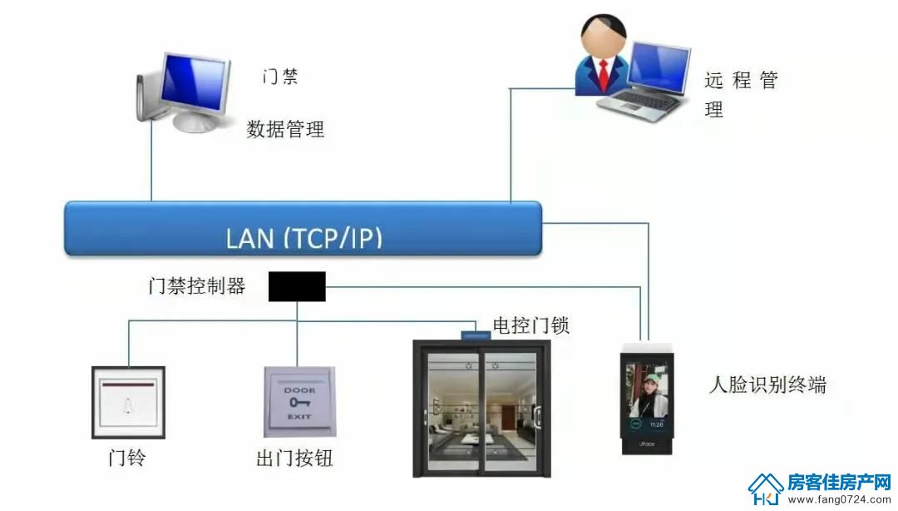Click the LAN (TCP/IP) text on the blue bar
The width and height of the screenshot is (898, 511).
(304, 238)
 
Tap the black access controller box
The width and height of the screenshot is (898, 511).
(297, 286)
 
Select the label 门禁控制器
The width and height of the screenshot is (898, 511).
(196, 285)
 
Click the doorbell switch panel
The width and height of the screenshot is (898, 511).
(128, 403)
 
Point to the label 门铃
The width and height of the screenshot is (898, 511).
(127, 457)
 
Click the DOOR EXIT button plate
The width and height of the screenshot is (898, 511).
(299, 402)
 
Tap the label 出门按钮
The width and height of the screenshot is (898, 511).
(294, 458)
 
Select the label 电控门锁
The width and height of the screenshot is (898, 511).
(530, 325)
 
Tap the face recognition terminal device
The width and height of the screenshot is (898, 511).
(647, 399)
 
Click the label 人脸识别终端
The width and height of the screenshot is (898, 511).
(767, 384)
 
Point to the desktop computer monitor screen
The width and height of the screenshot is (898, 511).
(194, 83)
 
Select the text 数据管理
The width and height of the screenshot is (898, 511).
(285, 129)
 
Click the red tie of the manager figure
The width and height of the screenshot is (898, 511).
(604, 76)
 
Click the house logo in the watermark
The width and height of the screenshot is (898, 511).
(766, 489)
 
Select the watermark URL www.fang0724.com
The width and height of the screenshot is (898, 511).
(839, 499)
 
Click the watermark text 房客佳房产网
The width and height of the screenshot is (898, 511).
(839, 483)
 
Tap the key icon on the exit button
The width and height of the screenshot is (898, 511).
(300, 403)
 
